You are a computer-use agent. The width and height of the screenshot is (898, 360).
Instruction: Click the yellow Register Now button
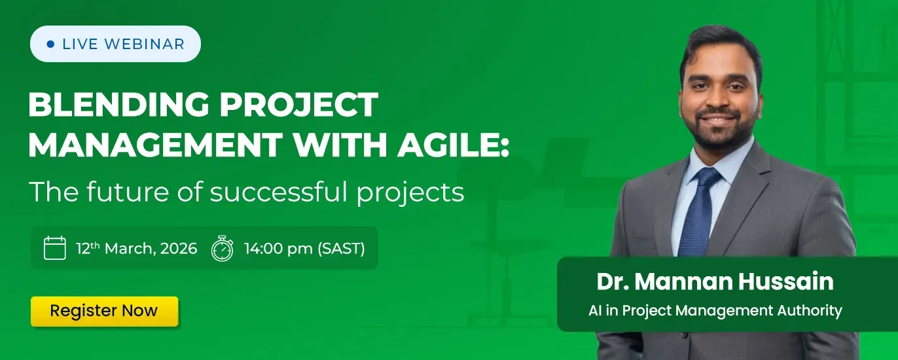coord(104,311)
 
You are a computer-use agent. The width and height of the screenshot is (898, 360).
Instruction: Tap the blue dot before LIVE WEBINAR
coord(50,44)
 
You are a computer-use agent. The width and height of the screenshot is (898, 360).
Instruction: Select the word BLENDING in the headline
coord(118,105)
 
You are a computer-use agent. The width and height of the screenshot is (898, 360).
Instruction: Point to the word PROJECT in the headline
coord(298,105)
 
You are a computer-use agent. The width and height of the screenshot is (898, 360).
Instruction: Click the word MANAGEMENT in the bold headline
coord(156,145)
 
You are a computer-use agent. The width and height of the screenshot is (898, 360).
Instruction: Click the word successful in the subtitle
coord(278,192)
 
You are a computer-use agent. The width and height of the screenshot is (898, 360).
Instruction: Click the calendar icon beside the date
coord(55,248)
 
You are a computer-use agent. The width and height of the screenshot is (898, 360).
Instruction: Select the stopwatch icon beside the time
coord(222,249)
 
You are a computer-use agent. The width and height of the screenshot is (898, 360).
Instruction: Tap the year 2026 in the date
coord(179,249)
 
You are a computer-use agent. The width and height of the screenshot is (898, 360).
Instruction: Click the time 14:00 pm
coord(279,249)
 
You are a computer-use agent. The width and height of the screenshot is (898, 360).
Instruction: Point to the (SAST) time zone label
coord(341,249)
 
